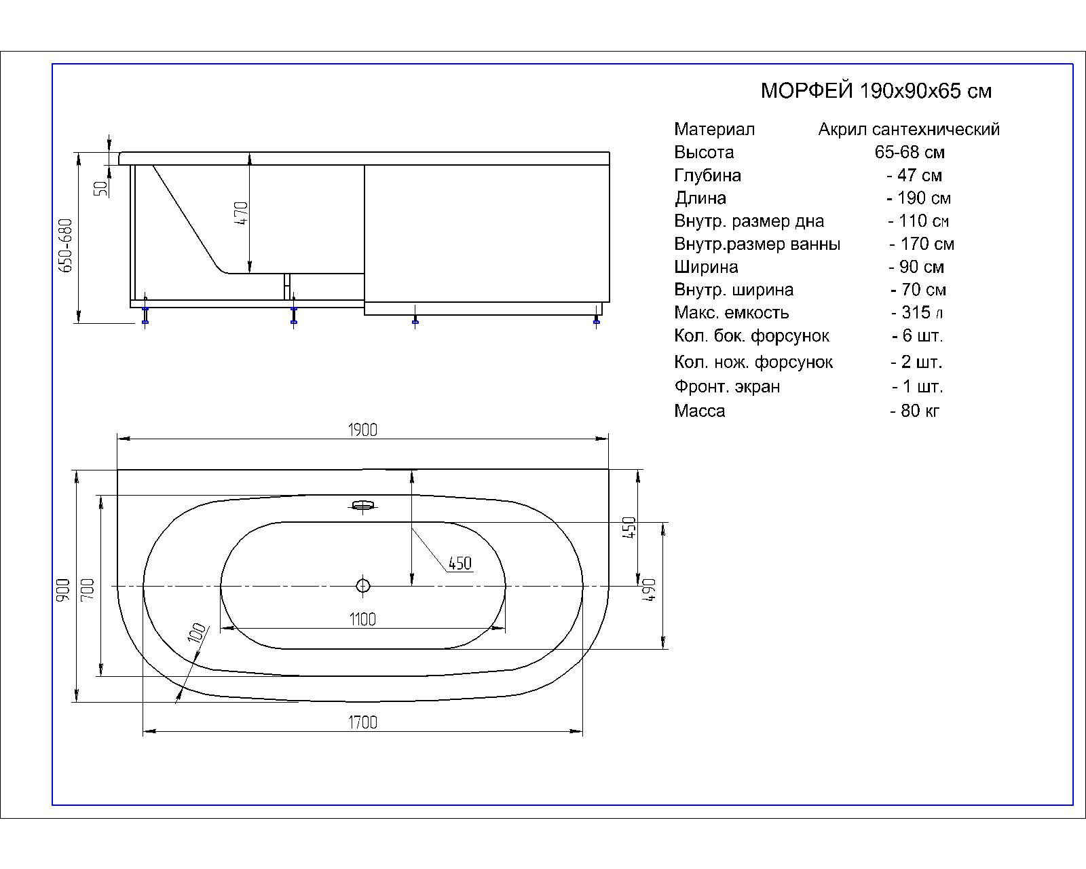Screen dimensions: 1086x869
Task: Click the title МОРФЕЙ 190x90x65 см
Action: click(x=876, y=91)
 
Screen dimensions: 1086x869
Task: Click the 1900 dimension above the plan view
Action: click(x=362, y=430)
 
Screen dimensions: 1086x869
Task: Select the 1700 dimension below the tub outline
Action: click(x=362, y=722)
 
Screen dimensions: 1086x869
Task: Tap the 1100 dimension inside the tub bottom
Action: click(x=362, y=619)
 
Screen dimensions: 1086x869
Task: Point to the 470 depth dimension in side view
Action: click(x=242, y=212)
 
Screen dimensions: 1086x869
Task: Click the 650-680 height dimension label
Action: click(x=66, y=245)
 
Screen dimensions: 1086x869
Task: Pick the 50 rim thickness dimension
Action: click(x=101, y=188)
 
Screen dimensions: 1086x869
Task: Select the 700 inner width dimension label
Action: click(x=87, y=589)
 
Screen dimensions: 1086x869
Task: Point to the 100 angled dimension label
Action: click(x=198, y=633)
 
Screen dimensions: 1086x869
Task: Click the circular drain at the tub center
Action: click(x=362, y=586)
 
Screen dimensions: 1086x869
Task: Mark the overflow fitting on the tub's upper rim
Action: click(x=362, y=505)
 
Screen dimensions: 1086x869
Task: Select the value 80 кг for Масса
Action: click(x=915, y=411)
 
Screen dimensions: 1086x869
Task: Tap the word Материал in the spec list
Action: click(x=715, y=129)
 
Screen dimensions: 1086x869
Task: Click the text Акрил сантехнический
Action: click(x=909, y=129)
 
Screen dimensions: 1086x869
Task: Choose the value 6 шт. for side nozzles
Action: click(x=917, y=335)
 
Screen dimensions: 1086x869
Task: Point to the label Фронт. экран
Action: click(x=727, y=386)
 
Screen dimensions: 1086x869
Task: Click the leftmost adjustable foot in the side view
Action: click(x=145, y=315)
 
